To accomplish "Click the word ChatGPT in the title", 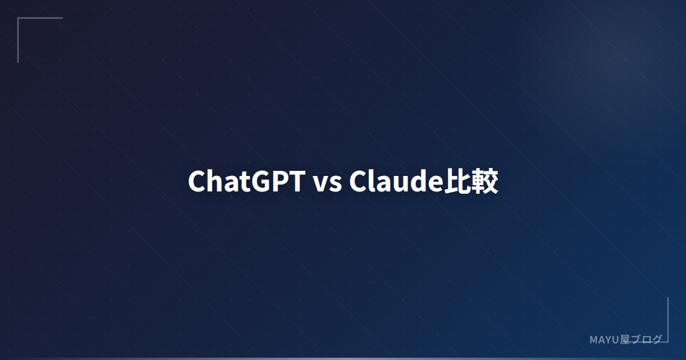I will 246,182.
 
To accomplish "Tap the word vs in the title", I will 327,183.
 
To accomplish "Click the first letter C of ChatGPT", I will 197,182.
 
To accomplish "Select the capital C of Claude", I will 358,182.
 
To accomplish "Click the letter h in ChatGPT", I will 215,182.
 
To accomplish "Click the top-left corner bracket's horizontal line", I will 40,18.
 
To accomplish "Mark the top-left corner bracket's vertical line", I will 18,40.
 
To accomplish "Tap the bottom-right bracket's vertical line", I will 668,319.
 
